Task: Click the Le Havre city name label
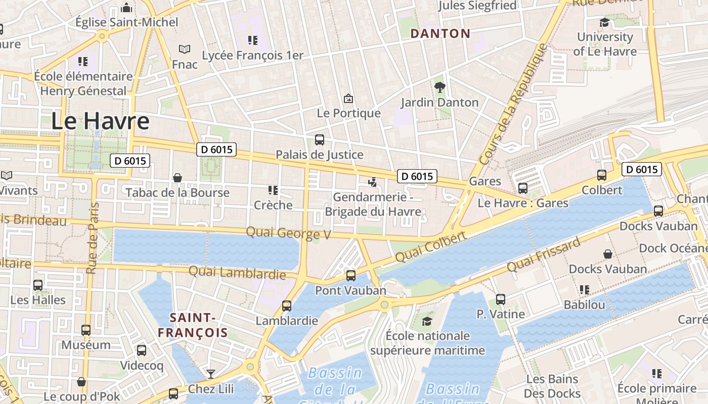tap(100, 122)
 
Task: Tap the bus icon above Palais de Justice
tap(319, 140)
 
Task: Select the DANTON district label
tap(440, 34)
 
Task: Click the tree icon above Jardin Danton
tap(439, 87)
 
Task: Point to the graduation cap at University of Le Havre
tap(604, 22)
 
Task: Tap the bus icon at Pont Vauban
tap(350, 276)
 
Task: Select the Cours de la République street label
tap(513, 105)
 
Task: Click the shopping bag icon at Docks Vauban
tap(607, 254)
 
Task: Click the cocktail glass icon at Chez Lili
tap(210, 374)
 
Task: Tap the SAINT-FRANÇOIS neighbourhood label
tap(193, 325)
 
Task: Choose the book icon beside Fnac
tap(185, 49)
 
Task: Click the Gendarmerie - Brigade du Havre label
tap(373, 204)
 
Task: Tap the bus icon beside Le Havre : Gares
tap(522, 188)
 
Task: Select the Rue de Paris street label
tap(92, 238)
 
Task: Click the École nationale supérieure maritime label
tap(427, 343)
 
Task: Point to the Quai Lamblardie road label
tap(237, 273)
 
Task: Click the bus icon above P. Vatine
tap(500, 299)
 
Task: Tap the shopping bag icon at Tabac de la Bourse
tap(178, 178)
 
